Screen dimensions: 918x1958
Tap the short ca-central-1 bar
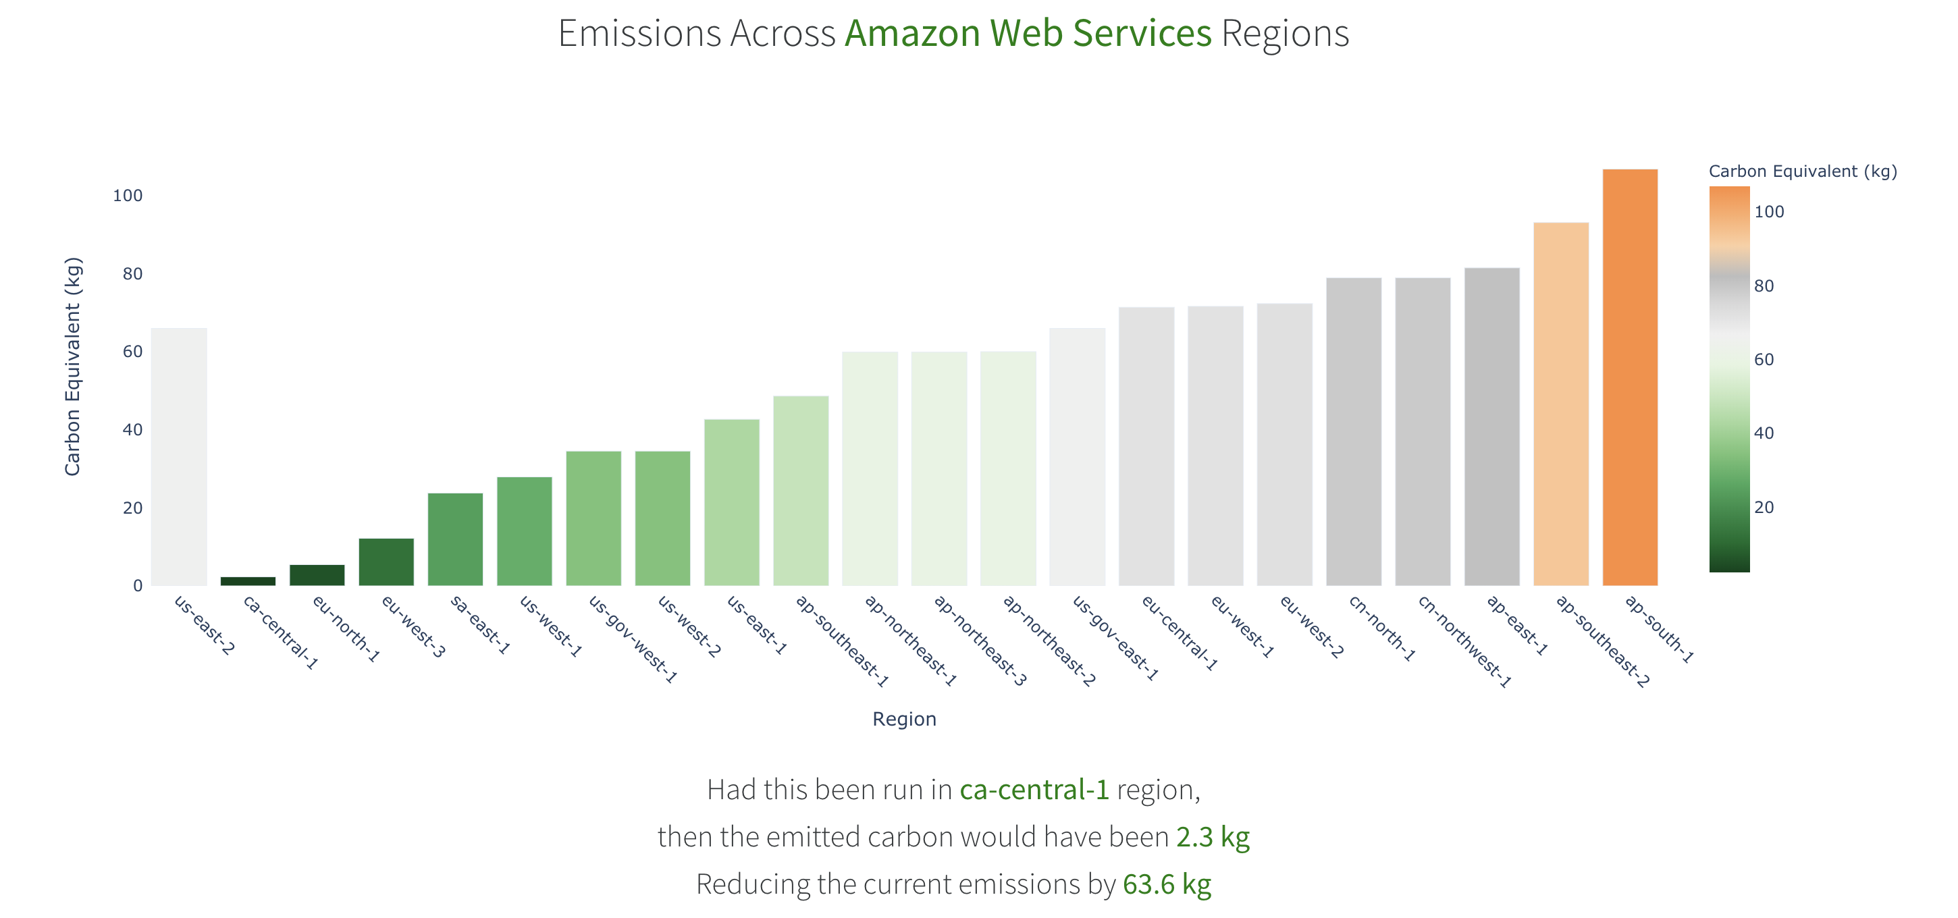[x=248, y=581]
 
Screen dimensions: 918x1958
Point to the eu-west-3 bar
[x=386, y=562]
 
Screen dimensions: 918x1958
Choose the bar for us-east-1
[x=731, y=502]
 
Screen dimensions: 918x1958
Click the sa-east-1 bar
[x=455, y=539]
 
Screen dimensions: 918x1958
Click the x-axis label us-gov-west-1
[x=633, y=639]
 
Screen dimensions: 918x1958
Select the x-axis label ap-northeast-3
[x=980, y=641]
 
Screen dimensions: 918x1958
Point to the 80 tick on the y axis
[x=132, y=273]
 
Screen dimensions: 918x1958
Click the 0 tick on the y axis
[x=138, y=586]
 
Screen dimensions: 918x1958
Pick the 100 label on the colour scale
[x=1769, y=212]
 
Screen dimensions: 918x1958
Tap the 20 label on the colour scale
[x=1764, y=508]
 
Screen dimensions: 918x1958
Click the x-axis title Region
[x=904, y=719]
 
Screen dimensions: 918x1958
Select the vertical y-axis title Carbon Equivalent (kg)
[x=72, y=367]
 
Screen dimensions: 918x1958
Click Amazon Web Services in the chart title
[x=1028, y=34]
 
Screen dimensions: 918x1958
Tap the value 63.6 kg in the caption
[x=1167, y=884]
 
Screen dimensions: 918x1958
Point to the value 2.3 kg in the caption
[x=1213, y=837]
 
